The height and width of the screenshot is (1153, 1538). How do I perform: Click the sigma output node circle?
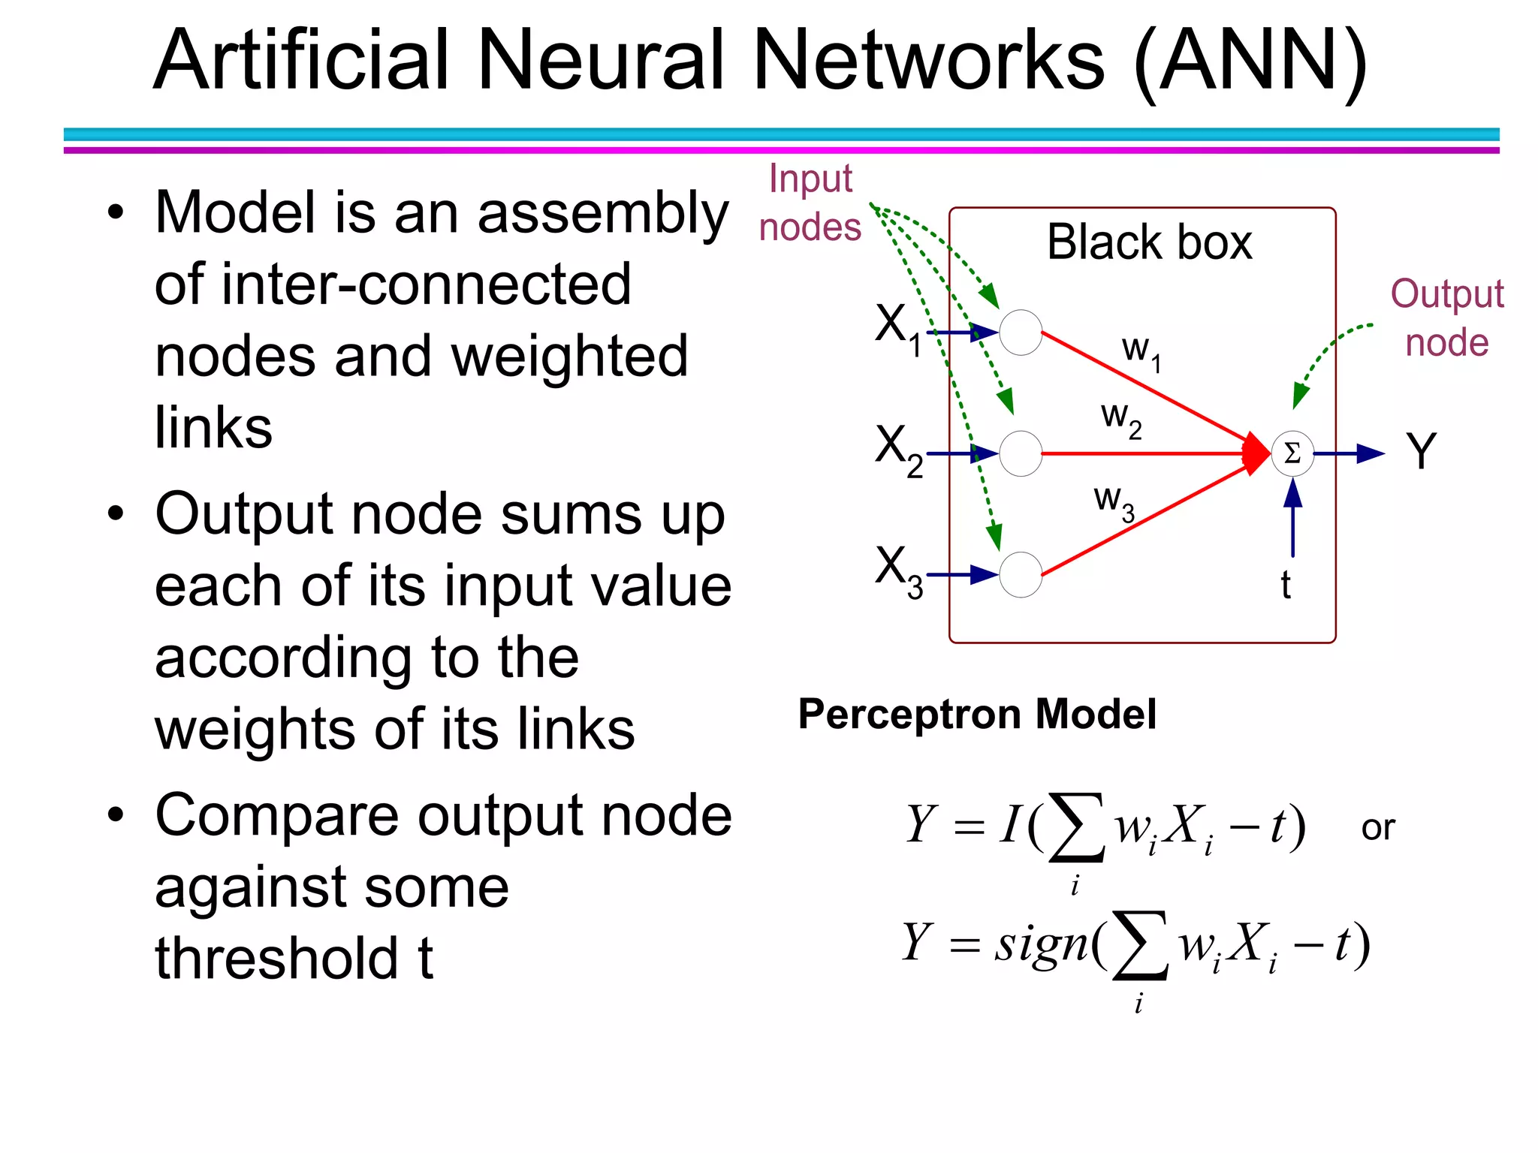point(1292,453)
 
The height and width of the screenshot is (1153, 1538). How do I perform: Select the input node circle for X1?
point(1021,332)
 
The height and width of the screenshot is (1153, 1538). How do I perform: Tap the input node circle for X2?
point(1021,453)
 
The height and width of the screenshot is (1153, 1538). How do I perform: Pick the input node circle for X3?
point(1021,575)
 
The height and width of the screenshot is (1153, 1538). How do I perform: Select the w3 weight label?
point(1113,501)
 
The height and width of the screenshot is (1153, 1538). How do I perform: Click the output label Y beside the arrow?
point(1420,452)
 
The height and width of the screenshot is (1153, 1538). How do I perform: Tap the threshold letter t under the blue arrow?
point(1286,586)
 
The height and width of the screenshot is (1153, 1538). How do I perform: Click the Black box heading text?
point(1149,242)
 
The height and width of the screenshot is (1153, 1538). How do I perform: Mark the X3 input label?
point(898,571)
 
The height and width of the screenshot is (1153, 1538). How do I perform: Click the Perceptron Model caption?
point(976,714)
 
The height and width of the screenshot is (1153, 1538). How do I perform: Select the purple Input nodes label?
point(810,203)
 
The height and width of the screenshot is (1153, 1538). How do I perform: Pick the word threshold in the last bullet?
point(276,959)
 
